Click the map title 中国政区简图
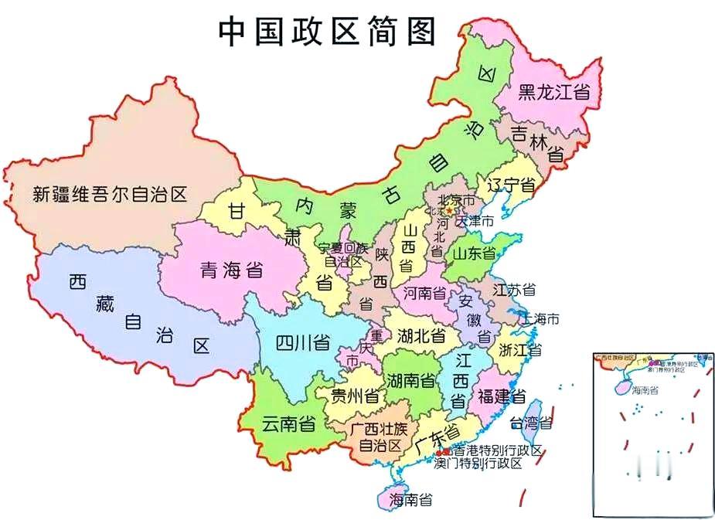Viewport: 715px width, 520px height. point(327,32)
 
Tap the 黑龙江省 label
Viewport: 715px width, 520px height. point(553,92)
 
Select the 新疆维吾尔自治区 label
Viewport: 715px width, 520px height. point(111,194)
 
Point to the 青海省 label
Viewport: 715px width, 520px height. point(231,270)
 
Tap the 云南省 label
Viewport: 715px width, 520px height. point(288,423)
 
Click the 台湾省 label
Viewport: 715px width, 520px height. point(530,423)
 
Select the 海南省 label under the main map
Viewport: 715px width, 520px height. point(410,500)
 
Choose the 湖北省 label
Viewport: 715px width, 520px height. point(421,336)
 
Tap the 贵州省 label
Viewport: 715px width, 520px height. point(355,397)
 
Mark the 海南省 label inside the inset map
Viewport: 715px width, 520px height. point(644,389)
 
